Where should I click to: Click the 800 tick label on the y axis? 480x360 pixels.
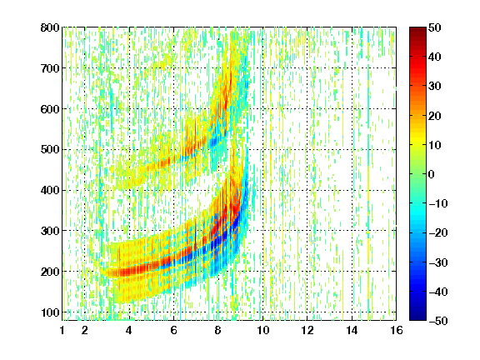(x=50, y=27)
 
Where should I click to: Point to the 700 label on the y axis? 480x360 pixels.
(x=50, y=68)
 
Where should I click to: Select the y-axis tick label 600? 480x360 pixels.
(x=50, y=109)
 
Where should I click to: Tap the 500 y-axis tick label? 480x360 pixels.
(x=50, y=150)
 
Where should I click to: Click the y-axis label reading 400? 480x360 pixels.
(x=50, y=191)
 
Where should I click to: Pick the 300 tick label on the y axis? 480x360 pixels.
(x=50, y=231)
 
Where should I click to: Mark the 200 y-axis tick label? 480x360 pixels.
(x=50, y=272)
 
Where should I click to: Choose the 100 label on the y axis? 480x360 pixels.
(x=50, y=312)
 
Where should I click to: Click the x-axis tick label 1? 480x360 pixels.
(x=62, y=330)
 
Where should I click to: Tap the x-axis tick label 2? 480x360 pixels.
(x=85, y=330)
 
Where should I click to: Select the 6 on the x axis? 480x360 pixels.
(x=173, y=330)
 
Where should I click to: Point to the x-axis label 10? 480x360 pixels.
(x=262, y=330)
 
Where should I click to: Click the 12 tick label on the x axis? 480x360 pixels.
(x=307, y=330)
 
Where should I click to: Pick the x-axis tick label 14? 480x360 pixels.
(x=352, y=330)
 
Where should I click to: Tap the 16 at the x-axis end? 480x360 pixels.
(x=397, y=330)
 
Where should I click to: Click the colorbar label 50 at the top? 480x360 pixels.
(x=434, y=27)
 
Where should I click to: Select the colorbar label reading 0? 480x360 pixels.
(x=432, y=174)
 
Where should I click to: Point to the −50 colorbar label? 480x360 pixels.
(x=438, y=321)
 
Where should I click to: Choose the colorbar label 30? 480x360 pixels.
(x=434, y=87)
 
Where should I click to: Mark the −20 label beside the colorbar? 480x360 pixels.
(x=438, y=233)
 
